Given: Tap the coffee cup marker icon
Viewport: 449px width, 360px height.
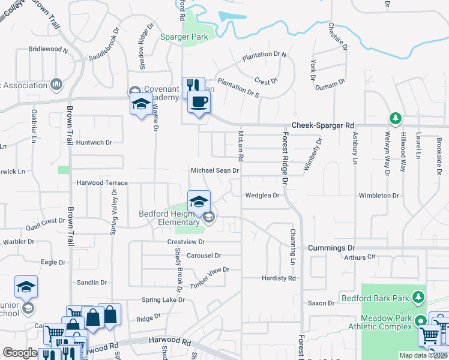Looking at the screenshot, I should [199, 101].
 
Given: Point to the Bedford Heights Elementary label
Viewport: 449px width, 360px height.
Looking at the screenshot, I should [169, 218].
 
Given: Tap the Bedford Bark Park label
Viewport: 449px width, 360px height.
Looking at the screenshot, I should [375, 298].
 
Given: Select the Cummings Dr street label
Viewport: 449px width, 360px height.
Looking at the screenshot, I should [331, 248].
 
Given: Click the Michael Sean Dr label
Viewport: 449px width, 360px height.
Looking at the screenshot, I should [215, 170].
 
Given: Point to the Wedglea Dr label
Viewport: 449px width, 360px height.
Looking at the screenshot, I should [262, 195].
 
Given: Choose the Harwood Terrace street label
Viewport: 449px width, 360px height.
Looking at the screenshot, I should [102, 182].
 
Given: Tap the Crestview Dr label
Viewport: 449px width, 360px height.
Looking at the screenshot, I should [186, 242].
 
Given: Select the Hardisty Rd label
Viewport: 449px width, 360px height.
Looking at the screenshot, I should [279, 278].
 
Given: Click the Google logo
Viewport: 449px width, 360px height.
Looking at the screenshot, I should [20, 353].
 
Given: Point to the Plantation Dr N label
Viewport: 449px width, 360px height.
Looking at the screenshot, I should [265, 56].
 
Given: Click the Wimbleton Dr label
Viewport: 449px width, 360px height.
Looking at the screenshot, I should [379, 196].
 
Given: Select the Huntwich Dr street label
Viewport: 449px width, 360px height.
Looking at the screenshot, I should [94, 143].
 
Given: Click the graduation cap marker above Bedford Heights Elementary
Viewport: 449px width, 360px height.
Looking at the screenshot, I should [199, 202].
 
